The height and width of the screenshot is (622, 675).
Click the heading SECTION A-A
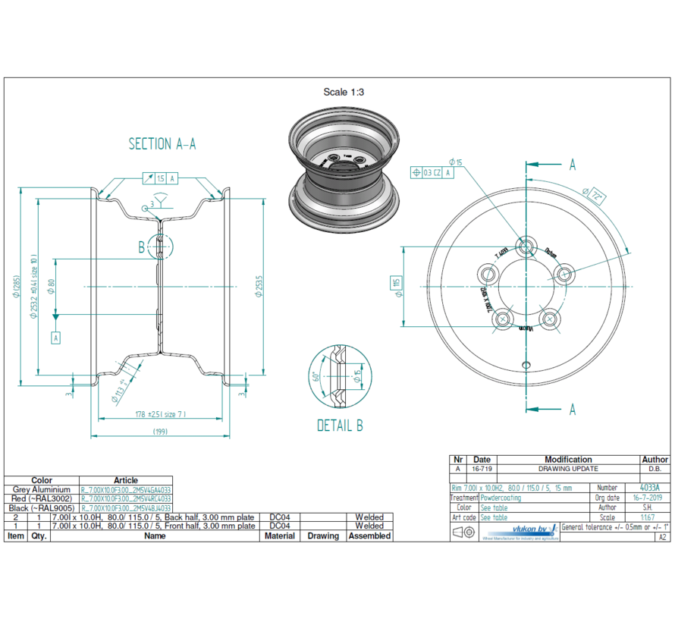(x=162, y=144)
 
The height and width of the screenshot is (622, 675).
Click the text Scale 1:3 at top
(x=343, y=92)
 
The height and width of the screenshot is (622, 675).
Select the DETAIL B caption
(x=340, y=426)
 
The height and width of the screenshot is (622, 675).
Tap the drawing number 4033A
(x=649, y=488)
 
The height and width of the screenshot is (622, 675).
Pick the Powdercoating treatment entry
(x=501, y=498)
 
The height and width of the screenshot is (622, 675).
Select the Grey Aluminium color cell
(x=42, y=490)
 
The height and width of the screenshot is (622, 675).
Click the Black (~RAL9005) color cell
(x=42, y=508)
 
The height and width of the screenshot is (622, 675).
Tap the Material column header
(x=279, y=536)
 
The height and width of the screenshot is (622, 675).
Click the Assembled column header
(x=369, y=536)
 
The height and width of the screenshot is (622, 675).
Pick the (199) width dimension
(x=161, y=432)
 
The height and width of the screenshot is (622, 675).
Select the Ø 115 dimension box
(x=396, y=284)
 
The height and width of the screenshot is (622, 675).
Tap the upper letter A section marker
(x=572, y=165)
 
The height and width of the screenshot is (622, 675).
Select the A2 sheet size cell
(x=662, y=536)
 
